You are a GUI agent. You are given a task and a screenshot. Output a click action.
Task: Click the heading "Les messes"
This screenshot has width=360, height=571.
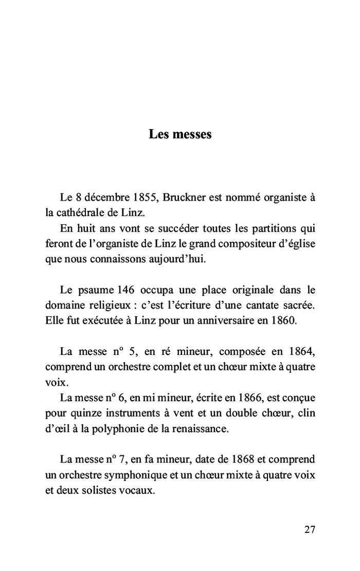tap(180, 135)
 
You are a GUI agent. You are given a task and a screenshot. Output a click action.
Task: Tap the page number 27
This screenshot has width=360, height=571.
tap(310, 530)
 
